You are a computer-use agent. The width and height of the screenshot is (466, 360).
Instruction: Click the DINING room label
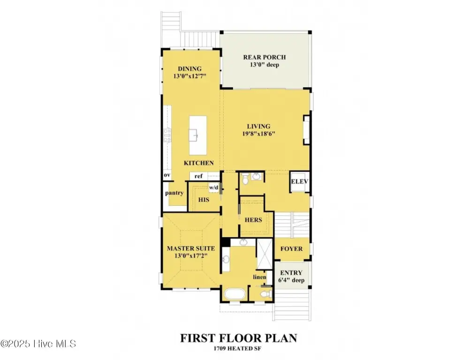pos(189,68)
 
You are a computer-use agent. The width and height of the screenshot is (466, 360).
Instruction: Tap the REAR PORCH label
pos(264,57)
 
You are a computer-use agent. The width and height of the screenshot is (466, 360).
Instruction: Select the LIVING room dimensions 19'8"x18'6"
pos(259,134)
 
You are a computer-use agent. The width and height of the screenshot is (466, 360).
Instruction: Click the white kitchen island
pos(198,135)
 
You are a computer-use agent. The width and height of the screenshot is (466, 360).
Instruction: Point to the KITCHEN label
pos(199,163)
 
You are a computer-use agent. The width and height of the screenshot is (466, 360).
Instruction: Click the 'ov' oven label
pos(167,175)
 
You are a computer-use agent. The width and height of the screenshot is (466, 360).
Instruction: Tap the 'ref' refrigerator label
pos(198,176)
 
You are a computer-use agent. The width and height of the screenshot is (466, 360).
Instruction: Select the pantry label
pos(174,193)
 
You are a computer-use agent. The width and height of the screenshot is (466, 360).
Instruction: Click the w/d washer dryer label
pos(214,187)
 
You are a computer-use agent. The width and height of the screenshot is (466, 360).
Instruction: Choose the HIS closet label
pos(203,200)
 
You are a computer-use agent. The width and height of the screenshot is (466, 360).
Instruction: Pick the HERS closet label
pos(253,220)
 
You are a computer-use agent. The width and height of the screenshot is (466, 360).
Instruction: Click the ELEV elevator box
pos(300,181)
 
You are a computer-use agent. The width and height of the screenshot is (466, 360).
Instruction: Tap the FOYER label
pos(292,249)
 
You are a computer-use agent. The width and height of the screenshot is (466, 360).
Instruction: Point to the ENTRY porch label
pos(291,273)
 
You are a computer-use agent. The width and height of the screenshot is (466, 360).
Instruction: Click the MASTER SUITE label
pos(191,248)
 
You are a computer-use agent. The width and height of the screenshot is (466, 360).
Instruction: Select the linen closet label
pos(259,277)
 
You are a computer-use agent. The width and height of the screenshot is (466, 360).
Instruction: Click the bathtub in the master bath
pos(235,294)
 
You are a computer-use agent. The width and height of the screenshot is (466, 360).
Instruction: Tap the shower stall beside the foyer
pos(264,254)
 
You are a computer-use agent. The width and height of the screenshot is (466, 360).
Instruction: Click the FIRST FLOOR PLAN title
pos(239,338)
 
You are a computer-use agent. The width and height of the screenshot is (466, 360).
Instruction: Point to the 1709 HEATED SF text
pos(237,348)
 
